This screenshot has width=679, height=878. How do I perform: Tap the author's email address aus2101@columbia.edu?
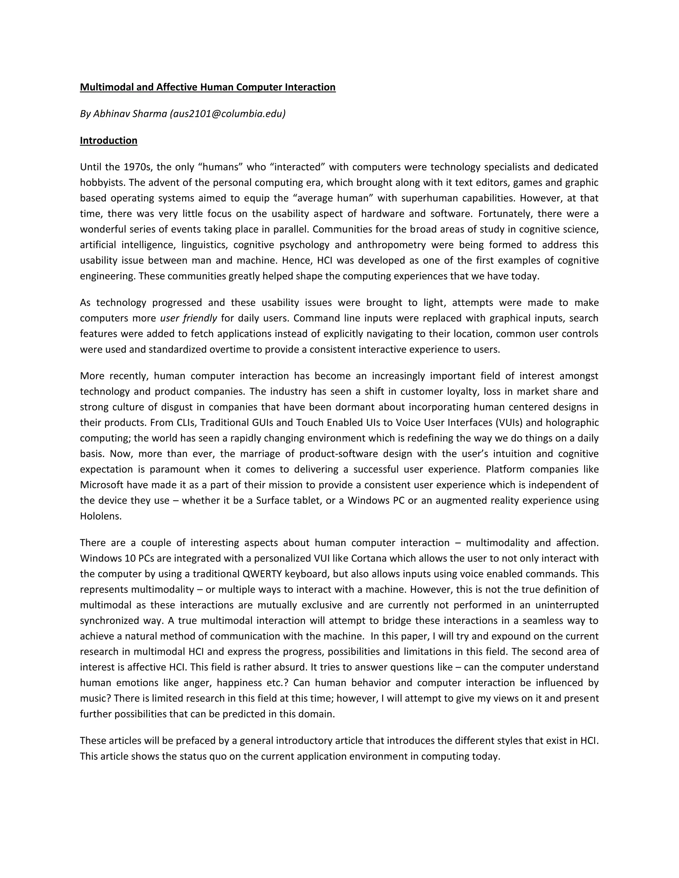pyautogui.click(x=228, y=114)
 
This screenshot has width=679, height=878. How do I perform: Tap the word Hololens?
pyautogui.click(x=100, y=517)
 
